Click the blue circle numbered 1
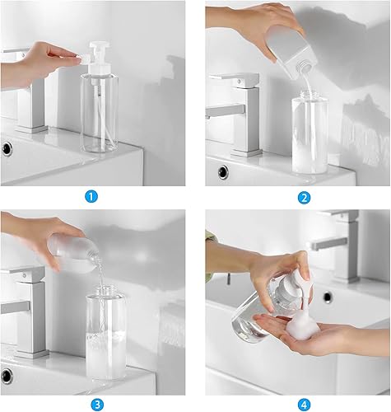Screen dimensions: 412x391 coord(92,197)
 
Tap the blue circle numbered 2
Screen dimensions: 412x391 coord(304,197)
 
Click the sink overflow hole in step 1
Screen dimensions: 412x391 coord(7,149)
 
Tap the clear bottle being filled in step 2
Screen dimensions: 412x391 coord(310,132)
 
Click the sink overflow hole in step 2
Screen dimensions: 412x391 coord(222,172)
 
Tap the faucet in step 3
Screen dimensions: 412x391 coord(25,305)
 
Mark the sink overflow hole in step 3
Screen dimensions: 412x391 coord(7,376)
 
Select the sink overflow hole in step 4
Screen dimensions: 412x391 coord(328,297)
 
